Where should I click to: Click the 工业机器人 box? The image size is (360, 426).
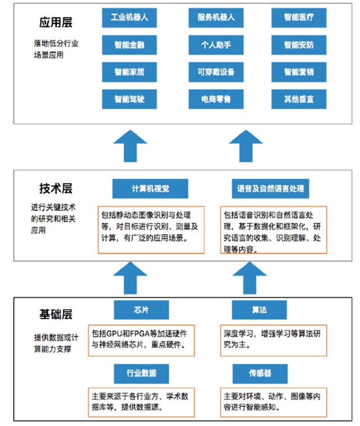click(129, 18)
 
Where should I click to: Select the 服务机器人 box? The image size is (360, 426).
click(215, 18)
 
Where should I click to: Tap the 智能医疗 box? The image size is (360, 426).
click(299, 18)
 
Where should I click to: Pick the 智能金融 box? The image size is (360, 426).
click(129, 45)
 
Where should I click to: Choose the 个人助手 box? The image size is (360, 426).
click(215, 45)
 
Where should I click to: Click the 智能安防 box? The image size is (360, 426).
click(299, 45)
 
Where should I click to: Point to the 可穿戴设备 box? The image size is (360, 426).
click(215, 72)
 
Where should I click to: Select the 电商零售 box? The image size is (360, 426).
click(215, 99)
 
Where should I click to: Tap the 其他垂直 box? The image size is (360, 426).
click(299, 99)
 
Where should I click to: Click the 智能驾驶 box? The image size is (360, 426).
click(129, 99)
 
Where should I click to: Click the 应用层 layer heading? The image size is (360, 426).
click(56, 22)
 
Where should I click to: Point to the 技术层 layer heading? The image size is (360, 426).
click(56, 189)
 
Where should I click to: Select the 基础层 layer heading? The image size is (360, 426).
click(56, 314)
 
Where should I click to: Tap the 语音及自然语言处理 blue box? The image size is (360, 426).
click(271, 188)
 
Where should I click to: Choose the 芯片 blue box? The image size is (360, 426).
click(141, 310)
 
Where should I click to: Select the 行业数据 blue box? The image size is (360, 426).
click(141, 373)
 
